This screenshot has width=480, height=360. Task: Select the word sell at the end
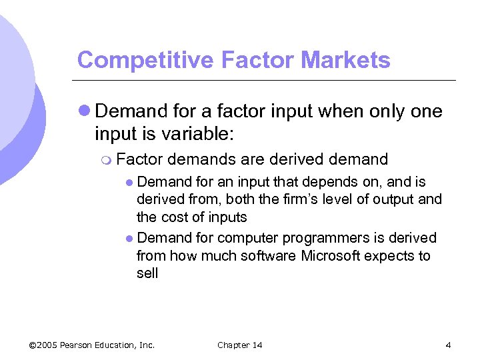[147, 273]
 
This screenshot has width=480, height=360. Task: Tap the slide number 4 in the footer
[448, 345]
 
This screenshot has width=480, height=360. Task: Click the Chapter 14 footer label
[239, 345]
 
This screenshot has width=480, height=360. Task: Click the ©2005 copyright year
[43, 345]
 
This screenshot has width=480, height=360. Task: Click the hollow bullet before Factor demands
[108, 160]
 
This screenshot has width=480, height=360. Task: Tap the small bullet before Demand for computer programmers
[129, 239]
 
